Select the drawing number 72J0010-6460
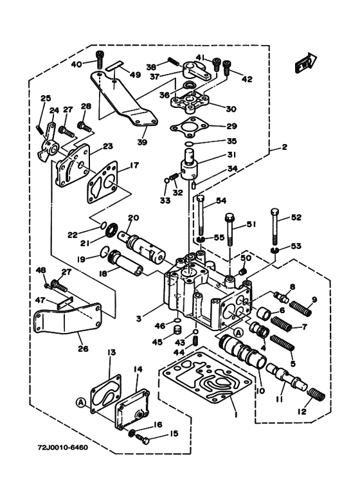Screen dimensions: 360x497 pos(63,447)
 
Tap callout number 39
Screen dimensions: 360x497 pos(142,141)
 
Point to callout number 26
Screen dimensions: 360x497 pos(84,349)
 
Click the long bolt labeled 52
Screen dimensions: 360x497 pos(275,226)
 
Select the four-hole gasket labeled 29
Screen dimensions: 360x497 pos(191,127)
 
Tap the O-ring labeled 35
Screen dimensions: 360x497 pos(189,144)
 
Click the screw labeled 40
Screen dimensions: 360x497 pos(99,60)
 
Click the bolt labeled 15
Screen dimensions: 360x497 pos(143,439)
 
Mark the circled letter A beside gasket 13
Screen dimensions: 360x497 pos(81,402)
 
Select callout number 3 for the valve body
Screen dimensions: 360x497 pos(139,318)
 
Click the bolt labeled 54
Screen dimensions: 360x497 pos(201,215)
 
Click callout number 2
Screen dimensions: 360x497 pos(284,147)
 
